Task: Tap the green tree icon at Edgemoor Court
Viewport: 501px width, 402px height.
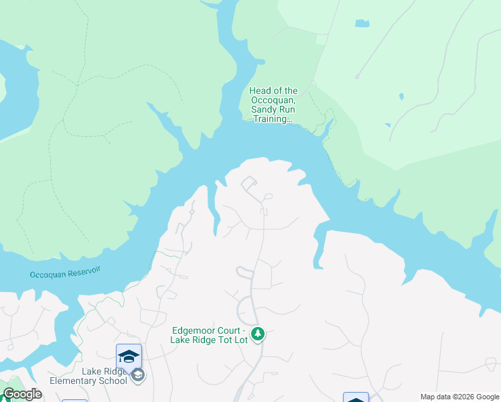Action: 257,333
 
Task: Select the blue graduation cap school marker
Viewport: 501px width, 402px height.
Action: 129,356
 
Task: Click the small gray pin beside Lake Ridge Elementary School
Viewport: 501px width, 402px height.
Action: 138,375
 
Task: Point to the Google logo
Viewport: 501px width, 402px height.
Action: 22,394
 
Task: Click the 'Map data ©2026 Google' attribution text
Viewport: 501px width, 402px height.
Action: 459,397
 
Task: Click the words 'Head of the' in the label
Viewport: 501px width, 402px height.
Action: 273,91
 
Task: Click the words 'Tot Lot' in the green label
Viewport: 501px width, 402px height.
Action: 232,340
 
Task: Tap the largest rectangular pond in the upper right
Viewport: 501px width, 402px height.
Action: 362,23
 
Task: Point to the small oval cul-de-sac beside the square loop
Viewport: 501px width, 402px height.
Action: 268,196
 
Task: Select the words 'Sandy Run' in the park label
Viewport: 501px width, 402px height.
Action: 273,110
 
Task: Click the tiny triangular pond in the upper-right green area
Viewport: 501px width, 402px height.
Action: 401,96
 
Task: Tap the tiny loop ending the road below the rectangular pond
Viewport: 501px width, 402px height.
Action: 357,77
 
